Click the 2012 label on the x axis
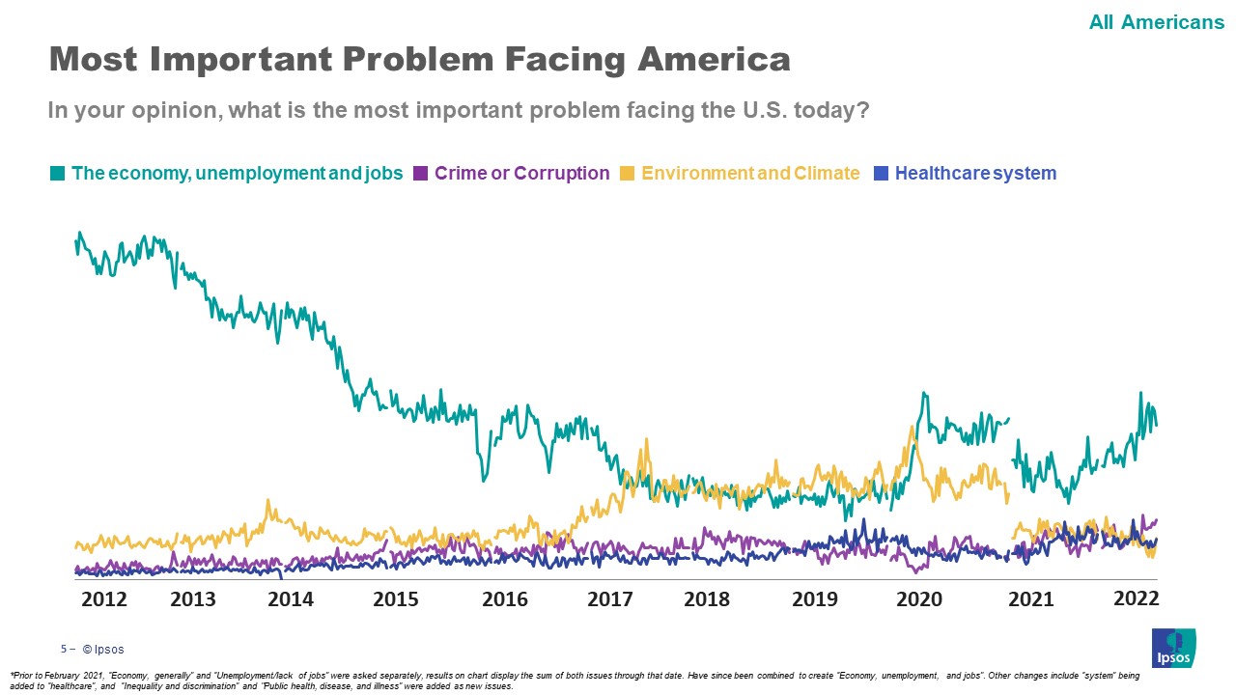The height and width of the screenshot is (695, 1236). click(x=104, y=599)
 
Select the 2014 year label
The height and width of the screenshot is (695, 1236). click(x=291, y=599)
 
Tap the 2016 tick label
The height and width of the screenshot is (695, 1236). click(x=505, y=599)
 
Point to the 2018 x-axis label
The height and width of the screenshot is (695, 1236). click(x=707, y=599)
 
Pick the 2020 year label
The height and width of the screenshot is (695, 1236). click(x=919, y=599)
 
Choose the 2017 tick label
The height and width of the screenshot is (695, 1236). click(x=610, y=599)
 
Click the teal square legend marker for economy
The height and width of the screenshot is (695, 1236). click(x=58, y=174)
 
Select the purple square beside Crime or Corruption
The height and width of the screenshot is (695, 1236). click(x=420, y=174)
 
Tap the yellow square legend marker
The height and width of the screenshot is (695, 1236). click(x=627, y=174)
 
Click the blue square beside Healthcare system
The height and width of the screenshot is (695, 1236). click(x=881, y=174)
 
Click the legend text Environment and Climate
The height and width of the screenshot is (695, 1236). click(x=750, y=174)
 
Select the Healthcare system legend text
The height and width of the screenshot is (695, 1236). click(x=975, y=174)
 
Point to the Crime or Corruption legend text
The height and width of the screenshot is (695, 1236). click(x=521, y=174)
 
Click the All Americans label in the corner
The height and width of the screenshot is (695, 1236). click(x=1156, y=21)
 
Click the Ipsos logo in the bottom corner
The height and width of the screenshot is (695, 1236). click(x=1173, y=648)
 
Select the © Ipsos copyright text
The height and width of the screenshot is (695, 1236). click(x=103, y=650)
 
